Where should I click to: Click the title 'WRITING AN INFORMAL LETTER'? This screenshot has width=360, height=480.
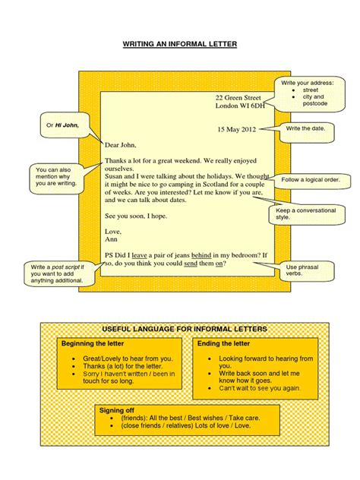pos(180,45)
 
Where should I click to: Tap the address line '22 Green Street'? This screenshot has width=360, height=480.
pos(238,98)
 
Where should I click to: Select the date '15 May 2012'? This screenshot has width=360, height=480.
pos(237,130)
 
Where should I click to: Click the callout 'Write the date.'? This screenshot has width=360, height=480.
pos(306,129)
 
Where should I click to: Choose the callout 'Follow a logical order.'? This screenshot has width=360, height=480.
pos(314,180)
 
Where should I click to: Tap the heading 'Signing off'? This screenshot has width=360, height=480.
pos(115,409)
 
